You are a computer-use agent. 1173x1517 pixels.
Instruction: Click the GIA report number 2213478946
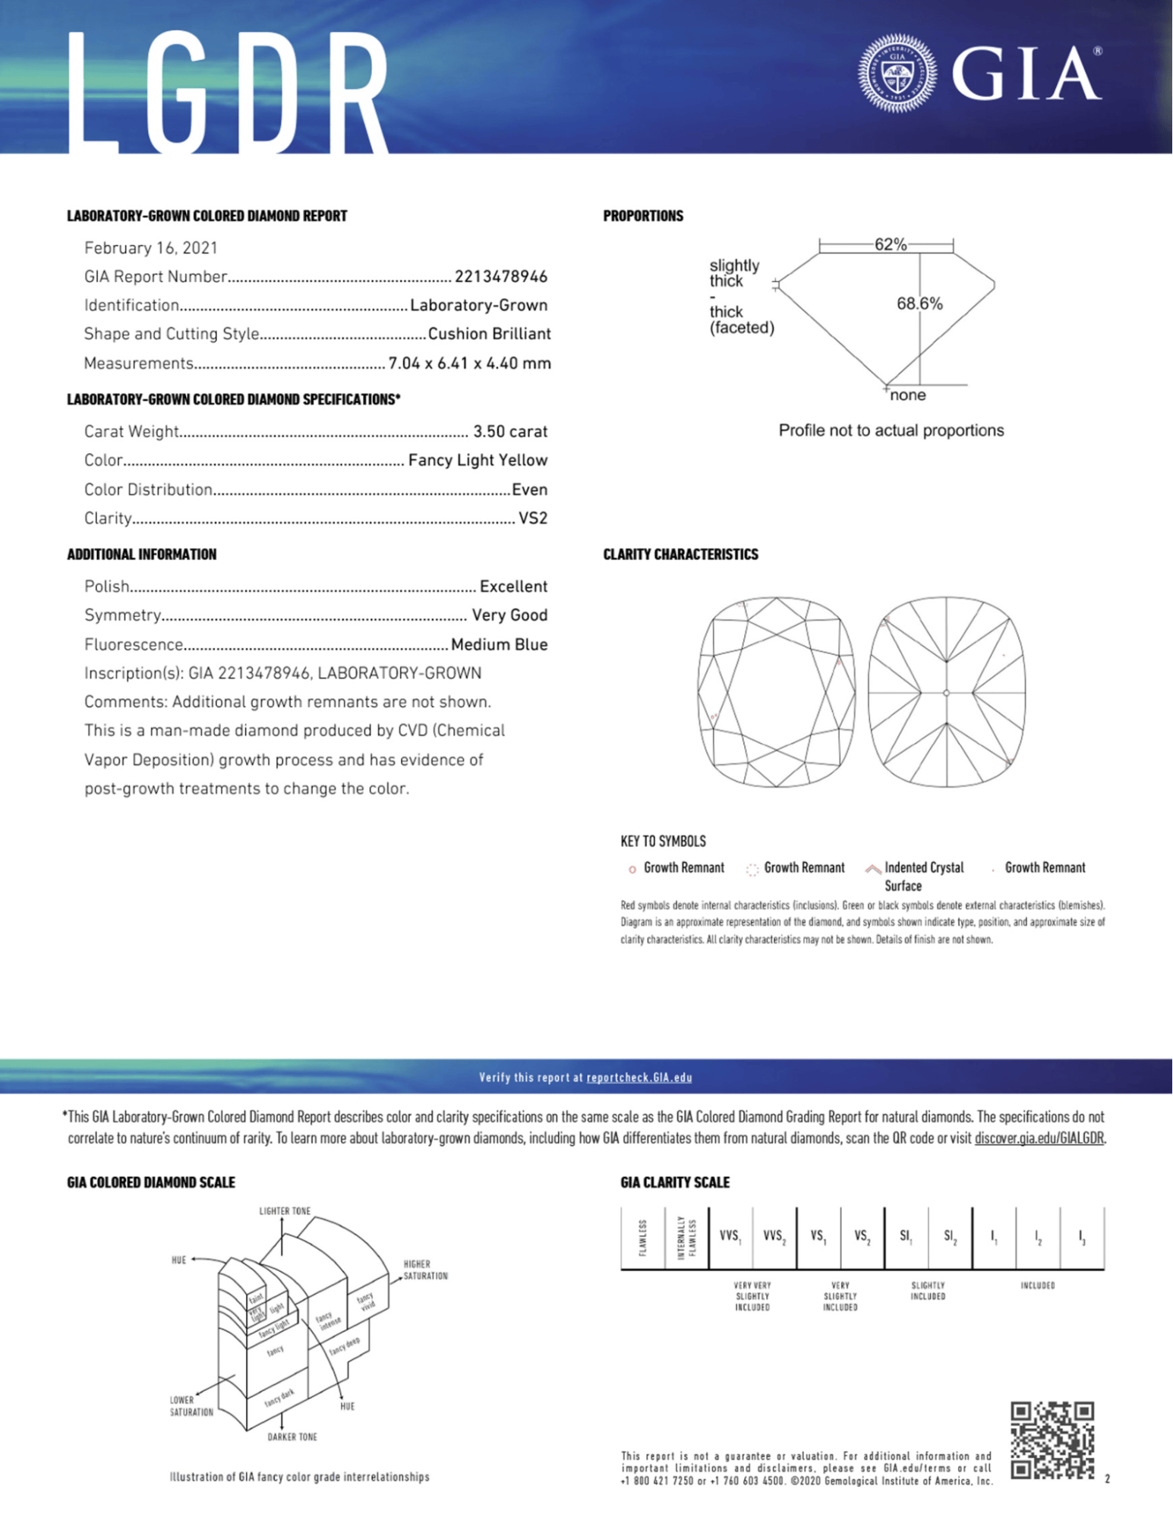500,277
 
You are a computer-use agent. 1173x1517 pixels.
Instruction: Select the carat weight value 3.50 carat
509,432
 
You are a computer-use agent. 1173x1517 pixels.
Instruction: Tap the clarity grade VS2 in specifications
532,518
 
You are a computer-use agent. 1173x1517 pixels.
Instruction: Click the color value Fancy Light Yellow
477,461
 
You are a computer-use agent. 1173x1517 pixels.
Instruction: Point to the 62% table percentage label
890,244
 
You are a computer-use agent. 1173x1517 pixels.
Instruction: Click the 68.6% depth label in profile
919,304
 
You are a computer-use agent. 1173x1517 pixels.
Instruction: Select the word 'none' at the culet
907,395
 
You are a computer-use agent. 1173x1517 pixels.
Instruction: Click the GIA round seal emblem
897,74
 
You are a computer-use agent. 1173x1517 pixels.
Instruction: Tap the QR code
1052,1440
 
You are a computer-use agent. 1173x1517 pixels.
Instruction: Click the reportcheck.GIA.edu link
639,1078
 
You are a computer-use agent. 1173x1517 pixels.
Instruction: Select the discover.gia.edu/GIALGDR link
1039,1138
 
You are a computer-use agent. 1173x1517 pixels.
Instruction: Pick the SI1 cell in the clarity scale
905,1237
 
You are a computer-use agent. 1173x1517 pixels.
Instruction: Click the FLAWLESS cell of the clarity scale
642,1237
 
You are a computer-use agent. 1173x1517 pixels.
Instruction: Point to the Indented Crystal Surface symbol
873,869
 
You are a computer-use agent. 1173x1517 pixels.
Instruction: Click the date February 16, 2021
150,248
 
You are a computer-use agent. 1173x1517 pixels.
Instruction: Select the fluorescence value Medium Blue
499,645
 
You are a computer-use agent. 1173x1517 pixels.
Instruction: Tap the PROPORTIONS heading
642,216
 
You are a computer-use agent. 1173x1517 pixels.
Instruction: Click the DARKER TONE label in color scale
292,1437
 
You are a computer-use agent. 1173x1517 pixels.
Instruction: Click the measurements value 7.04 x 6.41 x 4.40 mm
469,364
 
